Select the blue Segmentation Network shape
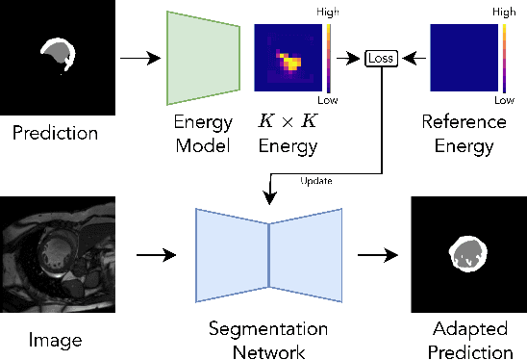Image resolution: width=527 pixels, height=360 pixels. (x=269, y=255)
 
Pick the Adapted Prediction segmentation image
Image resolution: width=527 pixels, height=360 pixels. (x=468, y=255)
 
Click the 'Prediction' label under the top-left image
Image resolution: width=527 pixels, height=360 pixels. (x=54, y=133)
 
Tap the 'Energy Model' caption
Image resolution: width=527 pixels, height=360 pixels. (x=203, y=134)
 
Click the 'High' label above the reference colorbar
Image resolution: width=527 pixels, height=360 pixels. (x=504, y=14)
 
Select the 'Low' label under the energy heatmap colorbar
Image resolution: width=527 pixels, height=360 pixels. (x=330, y=100)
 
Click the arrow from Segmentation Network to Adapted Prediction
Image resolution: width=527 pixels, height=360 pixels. (x=376, y=256)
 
